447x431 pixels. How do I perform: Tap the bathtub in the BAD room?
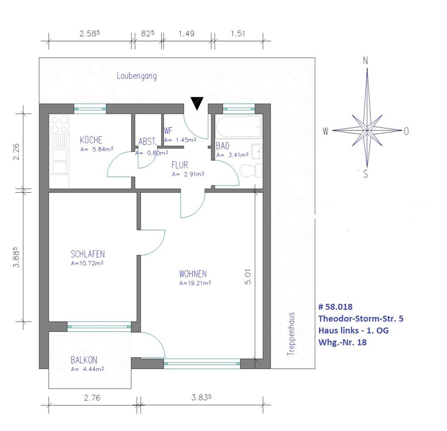[239, 126]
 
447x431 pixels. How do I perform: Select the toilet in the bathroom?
[251, 171]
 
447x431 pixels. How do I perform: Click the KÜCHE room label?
[91, 140]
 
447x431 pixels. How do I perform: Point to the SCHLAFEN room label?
[88, 254]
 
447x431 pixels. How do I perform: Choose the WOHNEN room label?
[193, 274]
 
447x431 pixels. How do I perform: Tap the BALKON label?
[84, 360]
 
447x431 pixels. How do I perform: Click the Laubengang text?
[137, 76]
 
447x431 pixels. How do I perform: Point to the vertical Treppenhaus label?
[291, 334]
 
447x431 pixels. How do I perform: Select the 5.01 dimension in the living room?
[248, 277]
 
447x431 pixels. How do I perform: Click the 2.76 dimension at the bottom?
[92, 398]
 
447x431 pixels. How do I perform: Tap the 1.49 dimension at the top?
[186, 33]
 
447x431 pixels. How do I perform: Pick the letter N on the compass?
[366, 60]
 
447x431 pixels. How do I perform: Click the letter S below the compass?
[366, 173]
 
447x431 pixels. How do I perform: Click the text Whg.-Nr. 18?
[342, 342]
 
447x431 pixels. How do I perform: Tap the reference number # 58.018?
[336, 307]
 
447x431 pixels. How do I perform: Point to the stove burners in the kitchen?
[59, 125]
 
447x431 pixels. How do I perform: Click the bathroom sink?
[257, 151]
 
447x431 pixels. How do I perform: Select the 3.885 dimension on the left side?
[17, 257]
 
